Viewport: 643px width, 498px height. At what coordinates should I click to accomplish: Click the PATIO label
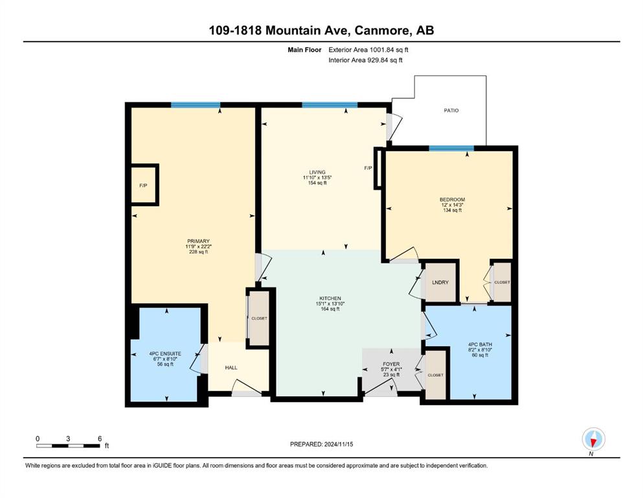pyautogui.click(x=451, y=110)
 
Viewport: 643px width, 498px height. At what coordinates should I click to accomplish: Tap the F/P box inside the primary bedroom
pyautogui.click(x=144, y=185)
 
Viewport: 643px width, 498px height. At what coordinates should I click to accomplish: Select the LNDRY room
pyautogui.click(x=440, y=283)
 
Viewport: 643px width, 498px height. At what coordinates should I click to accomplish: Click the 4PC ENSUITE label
pyautogui.click(x=165, y=353)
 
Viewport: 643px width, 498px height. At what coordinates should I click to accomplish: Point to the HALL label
pyautogui.click(x=231, y=368)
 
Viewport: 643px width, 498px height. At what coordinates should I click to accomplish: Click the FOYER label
pyautogui.click(x=391, y=364)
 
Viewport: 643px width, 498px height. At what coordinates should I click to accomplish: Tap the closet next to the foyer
pyautogui.click(x=435, y=375)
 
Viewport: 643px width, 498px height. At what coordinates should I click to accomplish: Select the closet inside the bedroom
pyautogui.click(x=502, y=282)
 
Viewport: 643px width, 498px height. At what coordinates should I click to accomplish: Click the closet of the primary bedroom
pyautogui.click(x=259, y=318)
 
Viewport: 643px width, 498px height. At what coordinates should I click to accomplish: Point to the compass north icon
pyautogui.click(x=593, y=439)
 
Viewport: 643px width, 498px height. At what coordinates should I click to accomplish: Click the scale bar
pyautogui.click(x=68, y=445)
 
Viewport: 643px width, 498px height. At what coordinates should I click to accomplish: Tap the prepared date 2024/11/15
pyautogui.click(x=338, y=444)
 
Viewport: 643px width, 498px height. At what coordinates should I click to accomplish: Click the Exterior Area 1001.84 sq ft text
pyautogui.click(x=368, y=50)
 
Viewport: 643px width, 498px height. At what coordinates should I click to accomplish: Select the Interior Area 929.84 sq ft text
pyautogui.click(x=365, y=60)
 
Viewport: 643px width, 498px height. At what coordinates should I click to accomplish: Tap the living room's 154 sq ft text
pyautogui.click(x=317, y=183)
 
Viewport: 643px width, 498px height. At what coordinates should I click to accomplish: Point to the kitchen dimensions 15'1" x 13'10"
pyautogui.click(x=330, y=304)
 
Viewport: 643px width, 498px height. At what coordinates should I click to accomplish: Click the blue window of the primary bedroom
pyautogui.click(x=196, y=104)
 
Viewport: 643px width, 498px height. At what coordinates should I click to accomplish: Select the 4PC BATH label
pyautogui.click(x=480, y=344)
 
